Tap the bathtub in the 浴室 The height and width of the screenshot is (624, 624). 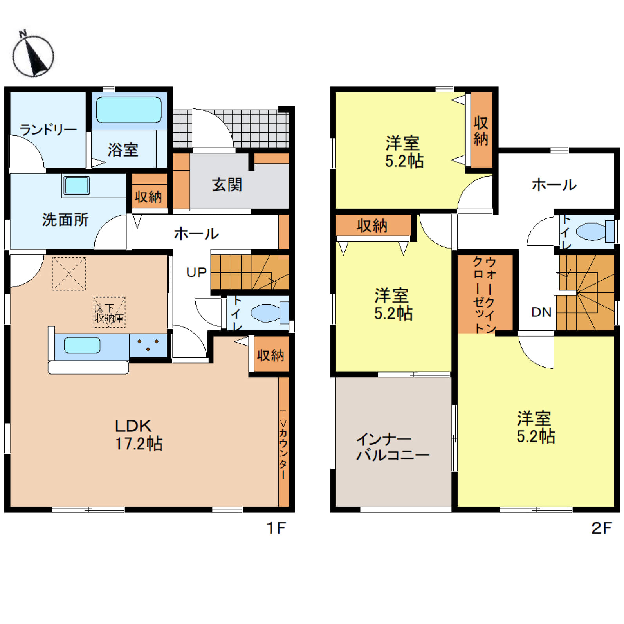click(129, 110)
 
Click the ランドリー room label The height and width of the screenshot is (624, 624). click(48, 129)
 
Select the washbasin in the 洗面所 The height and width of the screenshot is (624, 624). click(77, 185)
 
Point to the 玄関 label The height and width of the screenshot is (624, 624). click(227, 185)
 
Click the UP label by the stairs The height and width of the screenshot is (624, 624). click(196, 272)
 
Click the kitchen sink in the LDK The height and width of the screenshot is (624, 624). click(82, 345)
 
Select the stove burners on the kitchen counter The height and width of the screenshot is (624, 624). click(148, 345)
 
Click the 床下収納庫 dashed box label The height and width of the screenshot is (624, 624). click(109, 312)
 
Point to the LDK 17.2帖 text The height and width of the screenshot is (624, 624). click(139, 435)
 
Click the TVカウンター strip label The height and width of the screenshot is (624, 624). click(283, 445)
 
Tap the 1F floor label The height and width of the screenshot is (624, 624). click(276, 528)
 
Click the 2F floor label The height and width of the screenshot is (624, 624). click(601, 528)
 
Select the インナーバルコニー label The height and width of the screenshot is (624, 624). click(393, 447)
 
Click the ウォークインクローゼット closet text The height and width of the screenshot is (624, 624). click(485, 294)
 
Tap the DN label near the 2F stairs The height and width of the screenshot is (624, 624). click(541, 312)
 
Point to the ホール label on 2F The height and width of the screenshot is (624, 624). click(554, 185)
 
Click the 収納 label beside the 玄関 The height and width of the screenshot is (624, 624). click(148, 197)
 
